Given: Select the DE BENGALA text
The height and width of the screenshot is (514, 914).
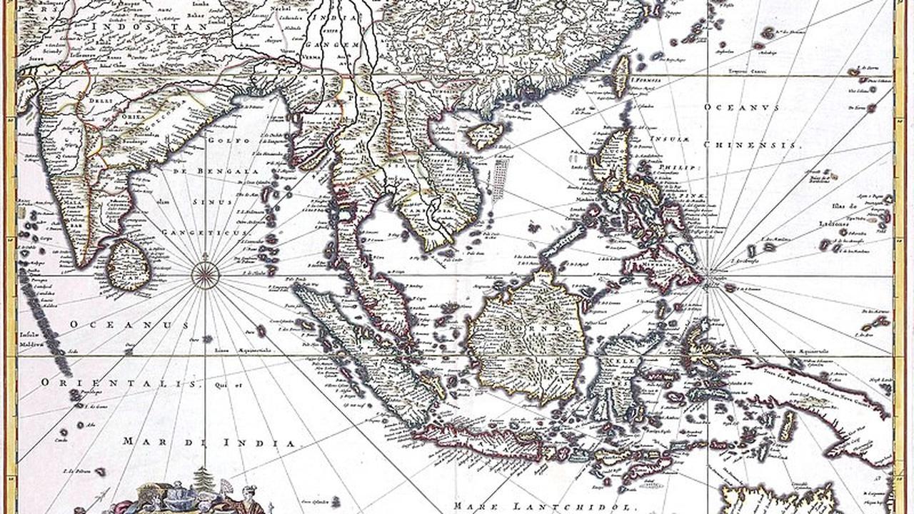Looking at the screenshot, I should [x=206, y=172].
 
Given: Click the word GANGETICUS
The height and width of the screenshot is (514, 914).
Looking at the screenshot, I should [x=205, y=233].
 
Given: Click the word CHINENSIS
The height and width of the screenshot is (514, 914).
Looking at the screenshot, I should [x=753, y=144].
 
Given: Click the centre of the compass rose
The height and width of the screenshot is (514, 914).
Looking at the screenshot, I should [x=205, y=275].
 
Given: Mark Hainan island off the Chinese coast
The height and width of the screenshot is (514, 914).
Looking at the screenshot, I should [x=485, y=133].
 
